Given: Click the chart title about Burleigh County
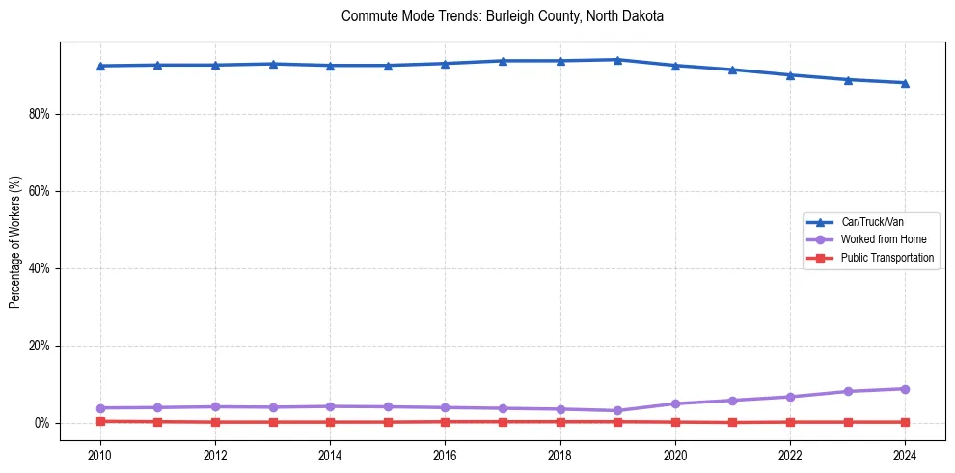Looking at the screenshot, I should (503, 16).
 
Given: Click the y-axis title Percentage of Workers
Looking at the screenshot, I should (15, 242).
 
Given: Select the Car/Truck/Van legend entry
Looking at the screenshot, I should (872, 222).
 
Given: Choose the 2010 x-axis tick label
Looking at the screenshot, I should (100, 455).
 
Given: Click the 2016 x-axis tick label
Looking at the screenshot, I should (445, 455).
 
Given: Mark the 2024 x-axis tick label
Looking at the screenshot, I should (905, 455).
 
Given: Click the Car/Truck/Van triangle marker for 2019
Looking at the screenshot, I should (617, 60).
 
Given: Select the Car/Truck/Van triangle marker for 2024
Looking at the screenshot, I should (905, 83).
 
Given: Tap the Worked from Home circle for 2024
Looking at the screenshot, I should (905, 389).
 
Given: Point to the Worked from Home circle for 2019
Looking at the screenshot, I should (617, 410).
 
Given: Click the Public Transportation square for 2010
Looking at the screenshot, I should (100, 421).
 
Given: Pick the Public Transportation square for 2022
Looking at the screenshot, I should (790, 422).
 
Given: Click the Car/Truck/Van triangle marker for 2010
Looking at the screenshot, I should (100, 66).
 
